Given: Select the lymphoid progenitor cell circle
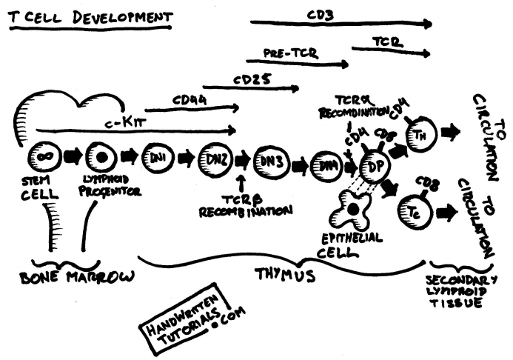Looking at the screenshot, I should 100,157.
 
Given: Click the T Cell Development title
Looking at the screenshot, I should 90,16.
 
